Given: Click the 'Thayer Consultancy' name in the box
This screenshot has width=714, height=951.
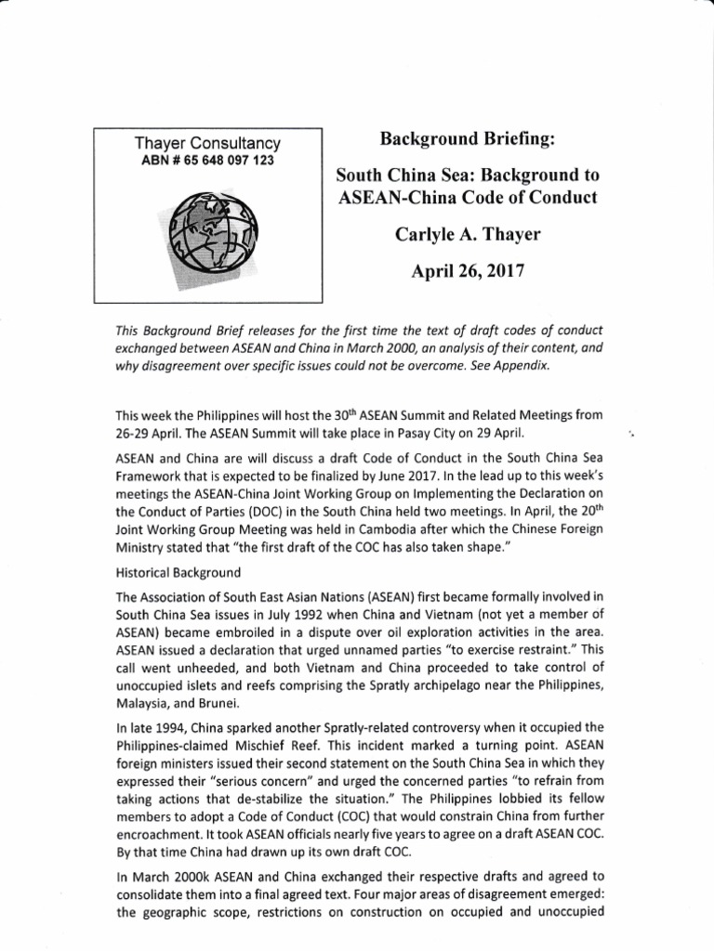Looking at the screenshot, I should click(x=208, y=143).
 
